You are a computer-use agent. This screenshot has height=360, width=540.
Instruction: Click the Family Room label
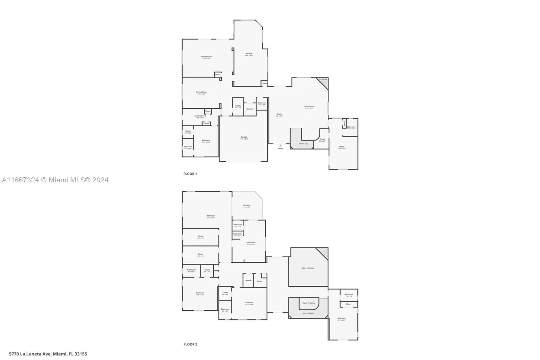pyautogui.click(x=207, y=57)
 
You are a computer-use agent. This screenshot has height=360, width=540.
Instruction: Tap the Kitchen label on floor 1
pyautogui.click(x=249, y=54)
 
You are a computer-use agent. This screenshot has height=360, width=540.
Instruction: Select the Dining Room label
pyautogui.click(x=201, y=92)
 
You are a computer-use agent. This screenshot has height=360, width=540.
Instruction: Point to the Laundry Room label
pyautogui.click(x=200, y=116)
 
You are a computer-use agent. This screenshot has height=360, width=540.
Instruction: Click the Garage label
pyautogui.click(x=244, y=137)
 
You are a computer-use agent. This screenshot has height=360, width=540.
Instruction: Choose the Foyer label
pyautogui.click(x=279, y=114)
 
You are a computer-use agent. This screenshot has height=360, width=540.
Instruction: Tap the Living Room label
pyautogui.click(x=309, y=106)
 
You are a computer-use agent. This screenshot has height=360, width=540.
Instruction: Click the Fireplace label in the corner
pyautogui.click(x=323, y=80)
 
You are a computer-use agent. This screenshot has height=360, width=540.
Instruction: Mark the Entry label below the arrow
pyautogui.click(x=280, y=149)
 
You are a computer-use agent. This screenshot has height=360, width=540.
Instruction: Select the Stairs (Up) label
pyautogui.click(x=304, y=144)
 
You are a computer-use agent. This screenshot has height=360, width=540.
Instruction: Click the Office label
pyautogui.click(x=342, y=147)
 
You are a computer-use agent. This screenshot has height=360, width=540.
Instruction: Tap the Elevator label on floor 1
pyautogui.click(x=250, y=109)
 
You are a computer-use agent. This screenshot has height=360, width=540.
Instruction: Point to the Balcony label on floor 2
pyautogui.click(x=247, y=205)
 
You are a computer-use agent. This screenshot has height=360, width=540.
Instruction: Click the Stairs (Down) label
pyautogui.click(x=308, y=313)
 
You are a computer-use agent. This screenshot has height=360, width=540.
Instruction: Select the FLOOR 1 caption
pyautogui.click(x=190, y=174)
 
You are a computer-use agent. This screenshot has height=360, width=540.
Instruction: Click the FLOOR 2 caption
pyautogui.click(x=190, y=344)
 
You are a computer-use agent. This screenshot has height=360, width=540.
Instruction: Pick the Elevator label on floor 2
pyautogui.click(x=248, y=281)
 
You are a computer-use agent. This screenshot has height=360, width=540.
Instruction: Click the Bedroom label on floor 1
pyautogui.click(x=206, y=140)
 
